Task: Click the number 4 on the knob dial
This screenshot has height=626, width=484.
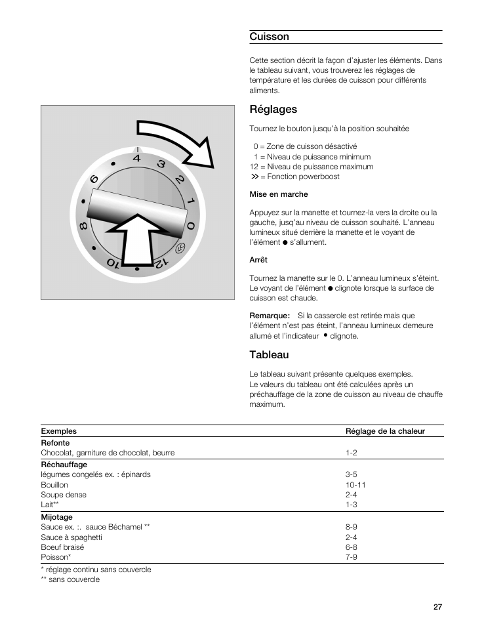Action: pos(136,158)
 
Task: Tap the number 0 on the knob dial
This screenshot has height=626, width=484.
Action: pos(191,226)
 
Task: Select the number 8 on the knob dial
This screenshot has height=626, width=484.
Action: pos(84,226)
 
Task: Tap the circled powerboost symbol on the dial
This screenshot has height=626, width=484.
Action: pos(180,248)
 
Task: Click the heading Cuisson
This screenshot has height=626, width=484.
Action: pos(269,37)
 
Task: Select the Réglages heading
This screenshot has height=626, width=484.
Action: pos(273,109)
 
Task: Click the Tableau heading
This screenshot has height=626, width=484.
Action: pos(269,355)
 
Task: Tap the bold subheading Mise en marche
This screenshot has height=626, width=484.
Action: pos(278,194)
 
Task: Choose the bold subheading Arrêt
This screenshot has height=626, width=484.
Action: pos(258,260)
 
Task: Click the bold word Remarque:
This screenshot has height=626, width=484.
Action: pos(270,316)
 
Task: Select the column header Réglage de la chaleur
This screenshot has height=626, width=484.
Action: pos(385,431)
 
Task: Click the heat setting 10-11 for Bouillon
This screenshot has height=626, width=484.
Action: pos(355,485)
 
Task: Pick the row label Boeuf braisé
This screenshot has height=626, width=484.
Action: pos(62,547)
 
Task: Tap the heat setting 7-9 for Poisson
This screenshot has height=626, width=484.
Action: pos(352,556)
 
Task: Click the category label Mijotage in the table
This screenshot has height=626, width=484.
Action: pos(57,517)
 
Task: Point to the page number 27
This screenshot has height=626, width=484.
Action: pos(437,607)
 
